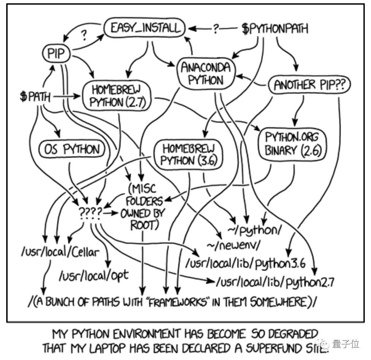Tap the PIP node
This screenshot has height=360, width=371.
tap(55, 54)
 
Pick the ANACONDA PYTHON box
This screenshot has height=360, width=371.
tap(206, 73)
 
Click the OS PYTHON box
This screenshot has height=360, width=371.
tap(71, 149)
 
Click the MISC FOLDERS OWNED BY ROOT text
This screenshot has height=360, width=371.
tap(142, 207)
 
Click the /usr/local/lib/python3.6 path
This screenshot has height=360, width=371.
tap(245, 262)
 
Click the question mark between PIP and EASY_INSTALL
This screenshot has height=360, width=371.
tap(85, 35)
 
